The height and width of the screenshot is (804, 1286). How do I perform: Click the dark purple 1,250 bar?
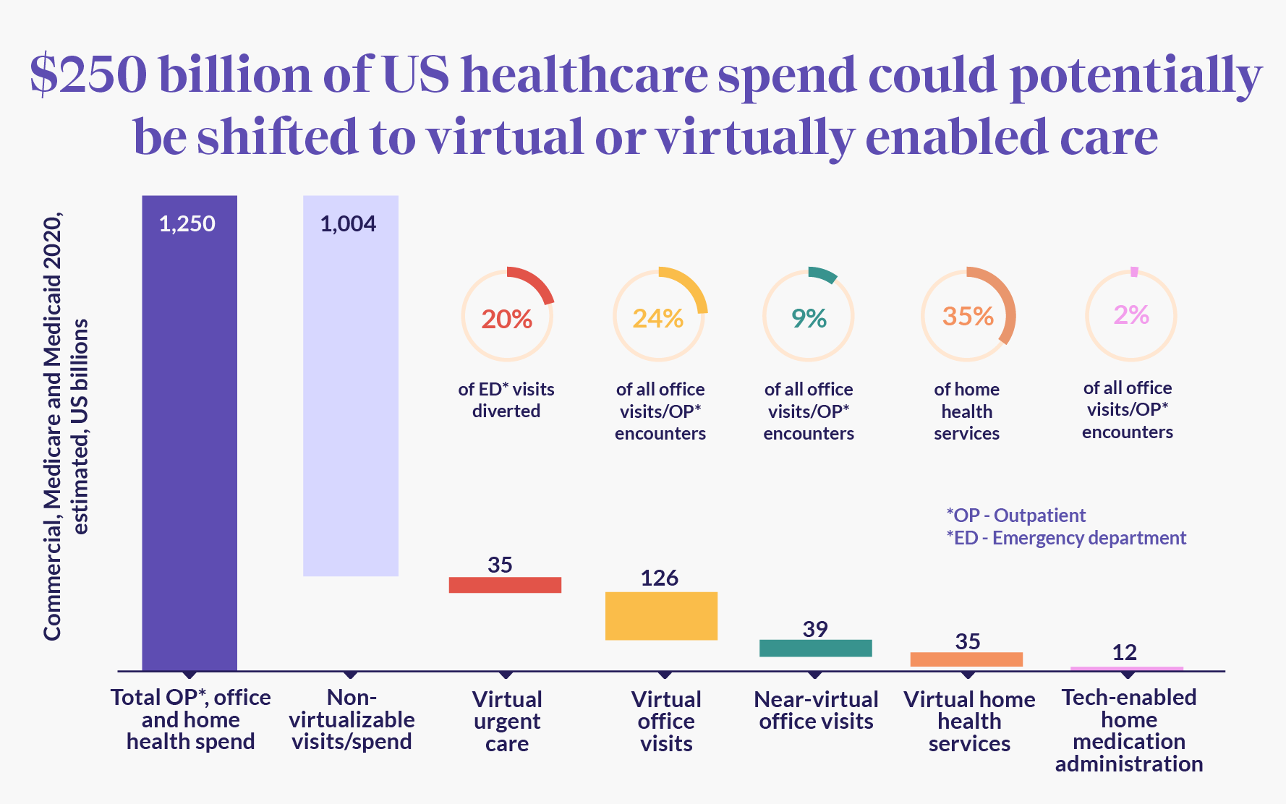click(x=190, y=434)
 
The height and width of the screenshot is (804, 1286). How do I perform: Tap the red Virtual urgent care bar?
click(x=505, y=585)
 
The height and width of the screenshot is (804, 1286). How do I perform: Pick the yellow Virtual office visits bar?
click(x=661, y=616)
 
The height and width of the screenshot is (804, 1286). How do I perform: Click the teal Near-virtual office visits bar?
click(x=815, y=648)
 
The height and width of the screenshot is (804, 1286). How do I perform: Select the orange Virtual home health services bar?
click(x=966, y=659)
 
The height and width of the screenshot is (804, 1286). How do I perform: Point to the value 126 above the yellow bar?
click(x=659, y=578)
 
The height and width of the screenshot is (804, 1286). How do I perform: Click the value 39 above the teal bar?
click(x=815, y=629)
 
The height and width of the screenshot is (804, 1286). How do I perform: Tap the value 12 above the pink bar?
click(x=1125, y=652)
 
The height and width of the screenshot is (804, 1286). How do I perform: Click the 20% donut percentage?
click(x=507, y=319)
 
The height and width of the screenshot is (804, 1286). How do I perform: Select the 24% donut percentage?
click(x=658, y=318)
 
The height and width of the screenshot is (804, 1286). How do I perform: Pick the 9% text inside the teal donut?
click(x=809, y=318)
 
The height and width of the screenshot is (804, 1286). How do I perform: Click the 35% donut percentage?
click(x=968, y=316)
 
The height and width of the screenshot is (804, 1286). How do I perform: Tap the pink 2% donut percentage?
click(x=1131, y=315)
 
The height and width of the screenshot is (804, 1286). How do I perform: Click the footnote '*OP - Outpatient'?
click(x=1015, y=516)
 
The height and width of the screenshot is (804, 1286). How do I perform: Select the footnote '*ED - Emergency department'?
click(x=1066, y=538)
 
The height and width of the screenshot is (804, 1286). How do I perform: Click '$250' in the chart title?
click(x=88, y=75)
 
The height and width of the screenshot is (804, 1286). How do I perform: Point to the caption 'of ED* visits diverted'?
click(x=506, y=400)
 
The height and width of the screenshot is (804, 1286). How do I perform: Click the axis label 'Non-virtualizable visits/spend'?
click(x=352, y=719)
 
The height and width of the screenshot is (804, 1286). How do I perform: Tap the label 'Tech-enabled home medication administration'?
click(x=1128, y=730)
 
